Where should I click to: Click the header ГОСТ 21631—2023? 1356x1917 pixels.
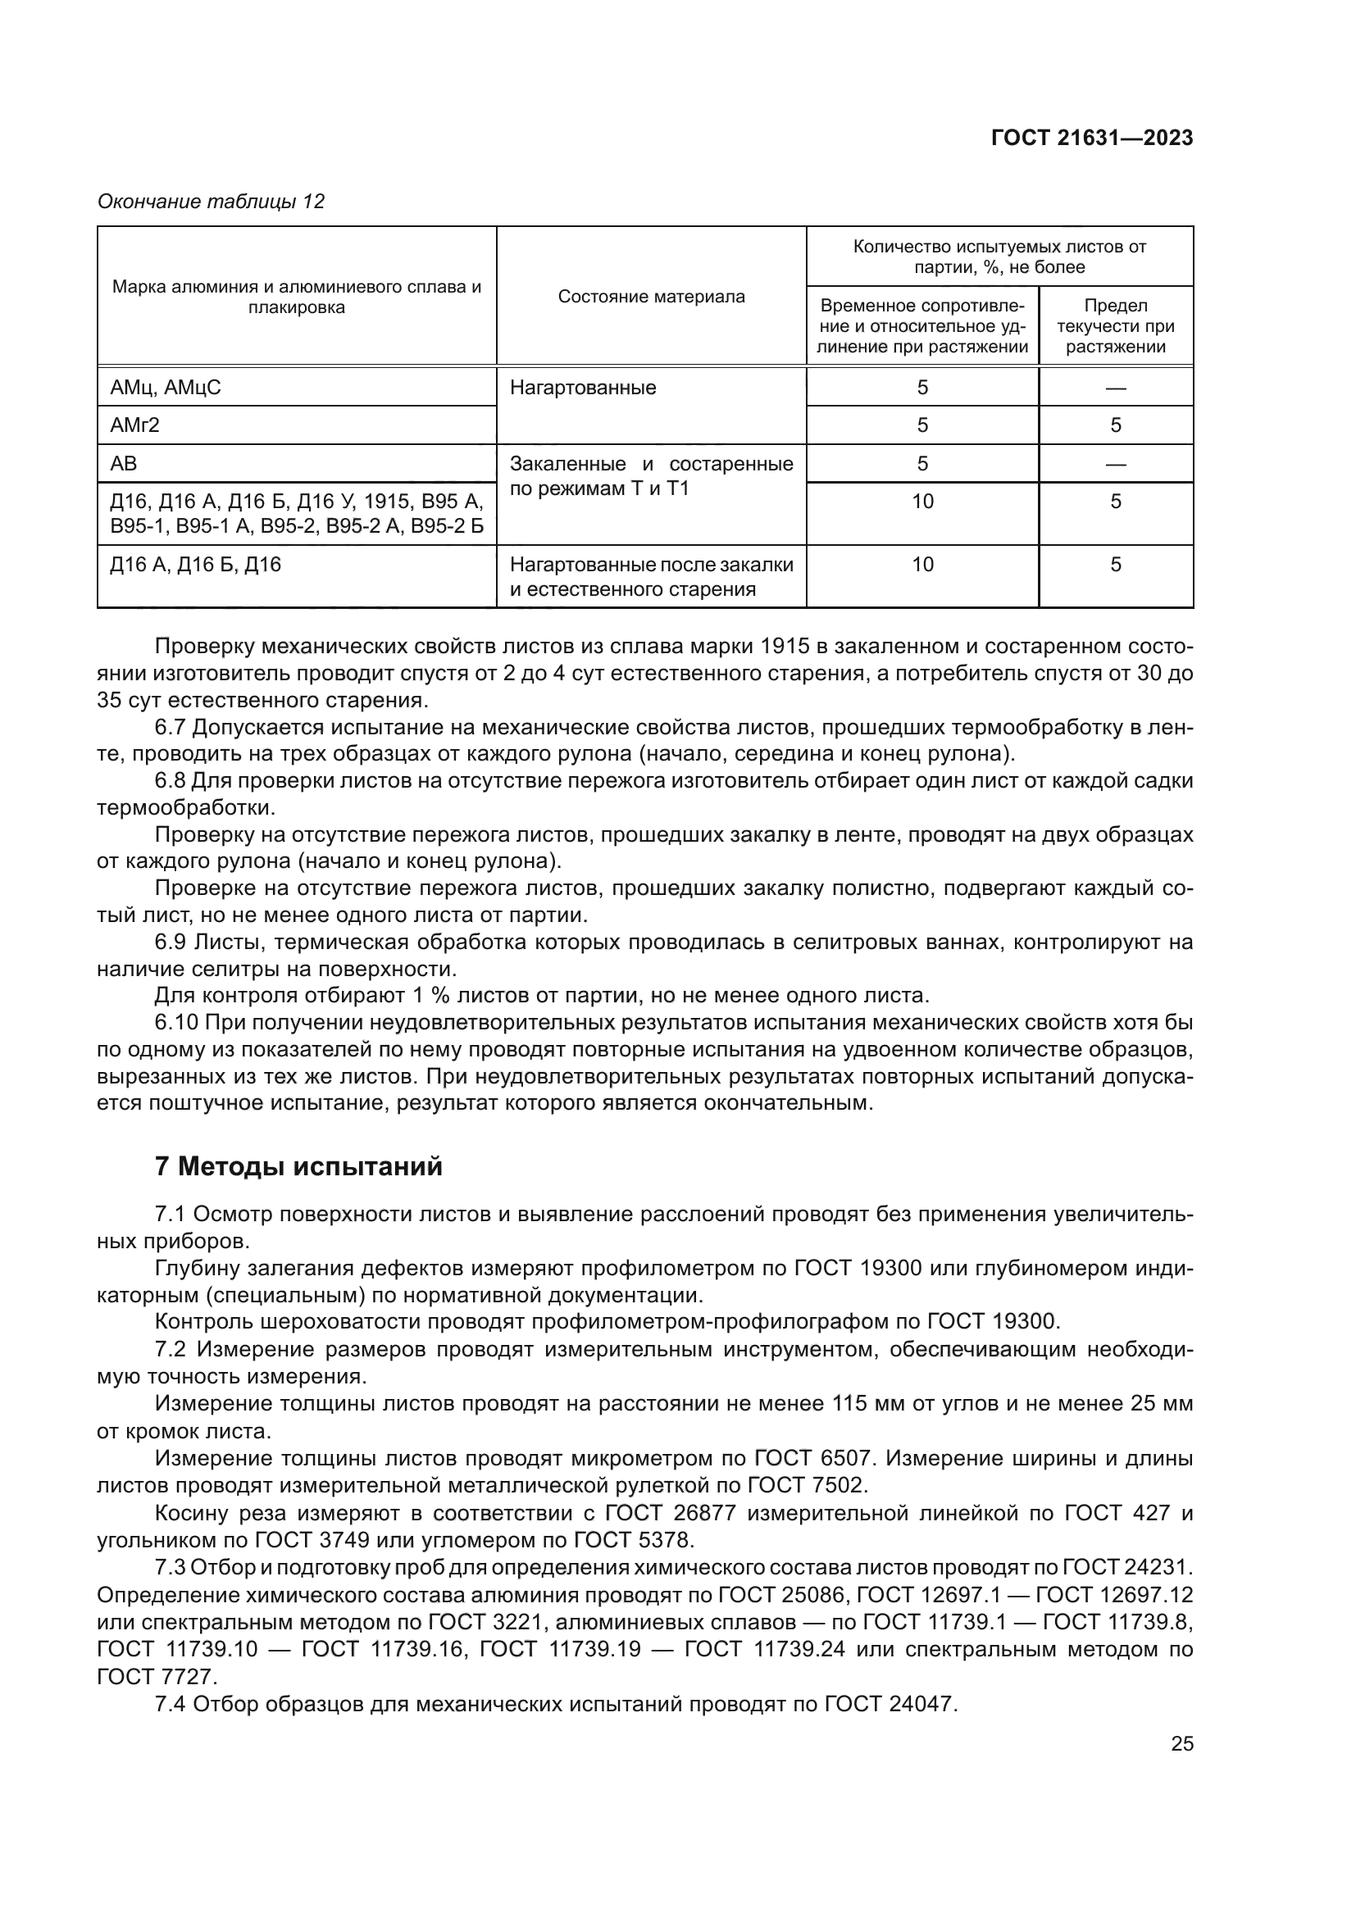(1091, 139)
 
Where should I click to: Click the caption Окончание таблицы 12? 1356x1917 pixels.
(211, 202)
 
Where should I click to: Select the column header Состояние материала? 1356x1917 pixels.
(650, 297)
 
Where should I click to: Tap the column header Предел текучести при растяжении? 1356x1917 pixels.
(1116, 325)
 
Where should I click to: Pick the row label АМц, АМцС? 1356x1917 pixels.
(166, 388)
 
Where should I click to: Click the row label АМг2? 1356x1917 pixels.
(134, 425)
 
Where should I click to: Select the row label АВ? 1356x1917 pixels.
(124, 463)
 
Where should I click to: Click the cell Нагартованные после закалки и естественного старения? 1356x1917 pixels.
(650, 576)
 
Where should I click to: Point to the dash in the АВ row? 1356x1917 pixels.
(1116, 464)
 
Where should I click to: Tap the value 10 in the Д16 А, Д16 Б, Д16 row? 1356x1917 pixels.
(921, 565)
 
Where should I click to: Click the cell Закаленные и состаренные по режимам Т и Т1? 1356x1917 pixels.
(650, 476)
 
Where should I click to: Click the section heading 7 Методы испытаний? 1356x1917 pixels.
(298, 1166)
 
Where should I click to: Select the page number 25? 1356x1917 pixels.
(1181, 1743)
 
